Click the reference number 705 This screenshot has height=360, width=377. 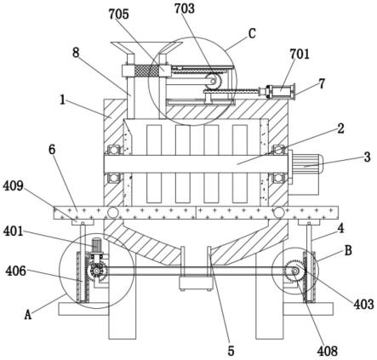[119, 14]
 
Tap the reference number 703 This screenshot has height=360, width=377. [185, 9]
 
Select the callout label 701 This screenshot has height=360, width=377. [300, 54]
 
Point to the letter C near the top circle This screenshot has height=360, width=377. [252, 33]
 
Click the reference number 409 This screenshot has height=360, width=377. [14, 186]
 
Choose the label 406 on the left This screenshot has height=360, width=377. [15, 271]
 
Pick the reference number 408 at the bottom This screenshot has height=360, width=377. [328, 351]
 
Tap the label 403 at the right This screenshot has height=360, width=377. [363, 304]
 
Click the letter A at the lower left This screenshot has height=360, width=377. [27, 315]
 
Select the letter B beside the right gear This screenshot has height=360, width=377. [348, 250]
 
